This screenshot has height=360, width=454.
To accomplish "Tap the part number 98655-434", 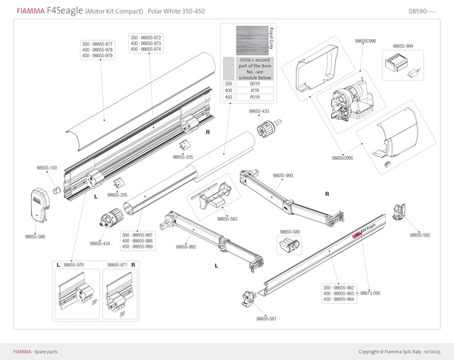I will click(100, 244).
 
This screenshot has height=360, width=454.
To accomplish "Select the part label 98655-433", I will click(259, 111).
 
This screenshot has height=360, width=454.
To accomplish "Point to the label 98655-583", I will click(227, 219).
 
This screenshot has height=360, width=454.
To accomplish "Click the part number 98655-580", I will click(289, 232).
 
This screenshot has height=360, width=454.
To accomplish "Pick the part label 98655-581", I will click(266, 319).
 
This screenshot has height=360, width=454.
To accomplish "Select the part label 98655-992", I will click(186, 247).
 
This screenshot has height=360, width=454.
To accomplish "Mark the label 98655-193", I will click(47, 168).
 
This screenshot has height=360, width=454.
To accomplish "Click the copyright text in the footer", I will click(399, 351).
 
